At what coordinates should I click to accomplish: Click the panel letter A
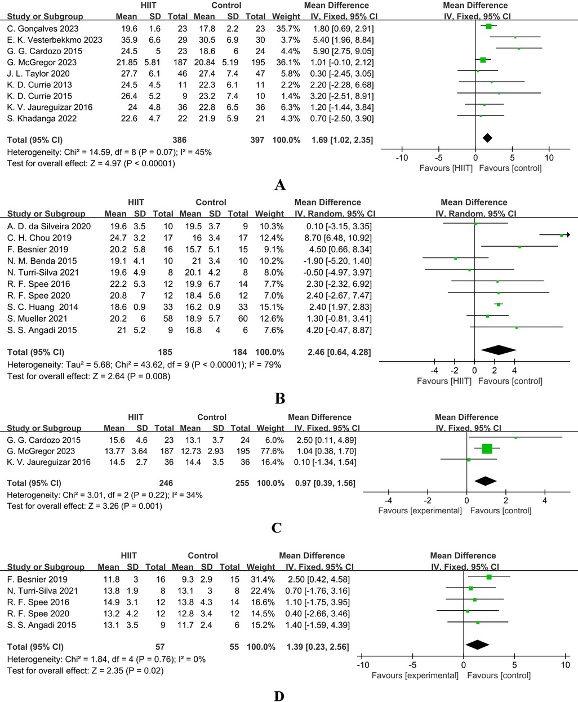coord(280,185)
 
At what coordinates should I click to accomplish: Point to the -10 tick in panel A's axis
coord(402,157)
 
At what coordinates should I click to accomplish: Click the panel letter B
coord(280,399)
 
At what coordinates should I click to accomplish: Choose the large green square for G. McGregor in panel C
coord(487,448)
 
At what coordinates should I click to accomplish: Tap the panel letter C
coord(276,528)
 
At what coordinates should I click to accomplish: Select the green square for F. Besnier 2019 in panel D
coord(489,577)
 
